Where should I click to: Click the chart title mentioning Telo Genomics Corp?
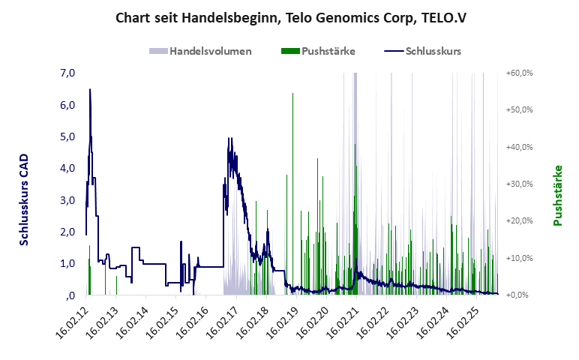click(x=290, y=17)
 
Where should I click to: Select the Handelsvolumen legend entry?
click(x=200, y=52)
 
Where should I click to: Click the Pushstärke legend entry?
click(x=318, y=52)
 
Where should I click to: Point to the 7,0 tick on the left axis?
click(x=67, y=73)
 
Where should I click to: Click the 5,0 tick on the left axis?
click(x=67, y=136)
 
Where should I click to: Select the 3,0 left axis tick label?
click(x=67, y=200)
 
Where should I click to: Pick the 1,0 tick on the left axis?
click(x=67, y=263)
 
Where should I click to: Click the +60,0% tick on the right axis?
click(x=519, y=73)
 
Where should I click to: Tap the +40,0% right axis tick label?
click(x=519, y=147)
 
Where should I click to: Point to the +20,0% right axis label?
click(x=519, y=221)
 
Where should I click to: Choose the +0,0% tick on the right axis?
click(x=519, y=295)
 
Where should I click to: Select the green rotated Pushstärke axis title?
click(x=557, y=196)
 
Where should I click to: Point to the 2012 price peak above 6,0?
click(x=90, y=90)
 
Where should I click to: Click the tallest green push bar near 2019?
click(x=292, y=94)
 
